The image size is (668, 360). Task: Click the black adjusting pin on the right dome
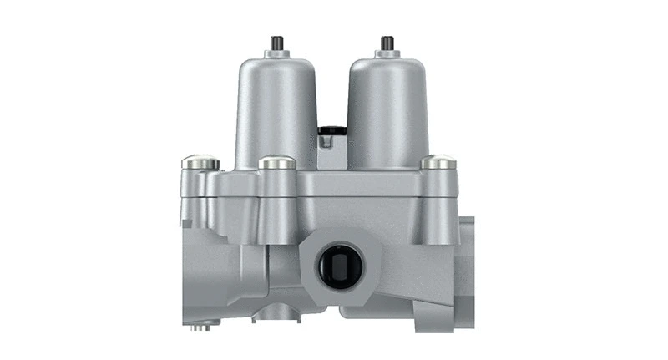(x=387, y=43)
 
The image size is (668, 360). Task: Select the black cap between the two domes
(x=331, y=130)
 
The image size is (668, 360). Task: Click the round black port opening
(x=337, y=266)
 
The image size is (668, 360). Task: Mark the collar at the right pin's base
(x=387, y=54)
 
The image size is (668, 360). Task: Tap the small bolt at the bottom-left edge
(x=201, y=326)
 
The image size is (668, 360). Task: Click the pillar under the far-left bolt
(x=198, y=196)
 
